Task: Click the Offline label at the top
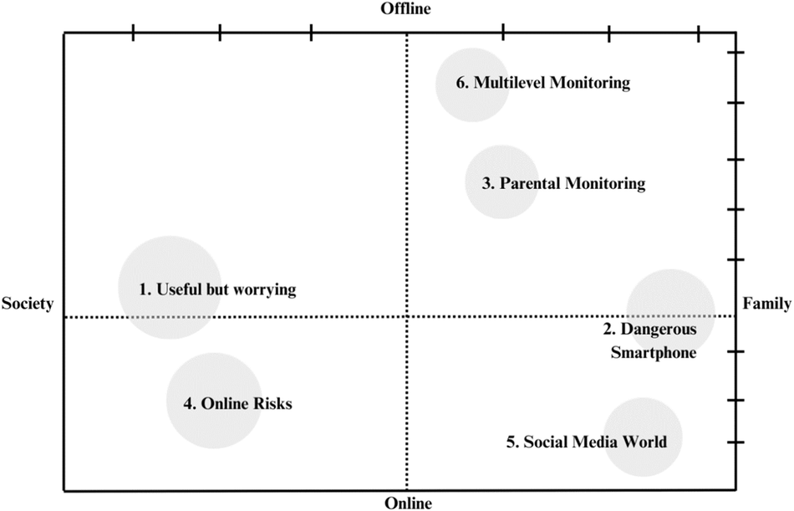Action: click(405, 9)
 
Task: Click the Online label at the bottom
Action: click(408, 503)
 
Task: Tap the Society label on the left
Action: click(28, 304)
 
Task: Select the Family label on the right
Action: click(766, 304)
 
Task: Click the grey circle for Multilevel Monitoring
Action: click(472, 84)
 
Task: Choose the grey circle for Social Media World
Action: click(642, 437)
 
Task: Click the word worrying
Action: click(267, 290)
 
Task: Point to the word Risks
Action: click(272, 403)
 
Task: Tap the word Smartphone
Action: click(654, 353)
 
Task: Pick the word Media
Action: click(596, 442)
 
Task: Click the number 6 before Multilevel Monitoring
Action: click(461, 83)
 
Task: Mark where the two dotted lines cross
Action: click(407, 317)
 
